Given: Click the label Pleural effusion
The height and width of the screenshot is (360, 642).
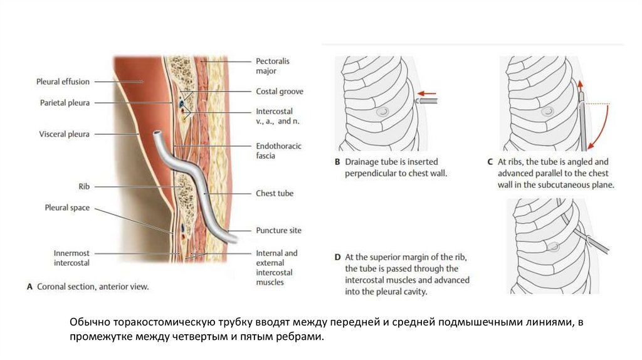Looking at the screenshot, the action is [63, 82].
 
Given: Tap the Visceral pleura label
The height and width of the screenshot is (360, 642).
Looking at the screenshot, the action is [65, 134].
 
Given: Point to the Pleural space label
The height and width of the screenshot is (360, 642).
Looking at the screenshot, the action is [67, 208].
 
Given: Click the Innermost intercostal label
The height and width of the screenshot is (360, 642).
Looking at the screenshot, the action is [71, 258].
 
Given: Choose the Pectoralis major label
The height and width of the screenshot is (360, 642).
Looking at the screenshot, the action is [273, 66].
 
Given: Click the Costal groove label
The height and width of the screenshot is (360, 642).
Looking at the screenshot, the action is [280, 92].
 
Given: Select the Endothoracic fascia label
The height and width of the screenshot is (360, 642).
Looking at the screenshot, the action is [278, 151].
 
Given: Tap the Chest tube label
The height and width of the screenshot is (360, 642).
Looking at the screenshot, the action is [275, 194].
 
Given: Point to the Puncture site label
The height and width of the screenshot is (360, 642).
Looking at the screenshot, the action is [278, 230].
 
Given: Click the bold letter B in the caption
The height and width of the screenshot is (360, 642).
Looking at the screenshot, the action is [337, 162].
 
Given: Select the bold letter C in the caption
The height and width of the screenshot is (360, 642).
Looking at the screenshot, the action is [491, 162].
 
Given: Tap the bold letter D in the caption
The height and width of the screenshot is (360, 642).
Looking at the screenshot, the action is [337, 257].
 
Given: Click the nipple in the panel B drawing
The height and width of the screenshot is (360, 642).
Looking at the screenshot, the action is [382, 112].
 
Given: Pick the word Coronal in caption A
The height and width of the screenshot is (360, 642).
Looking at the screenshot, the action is [53, 287].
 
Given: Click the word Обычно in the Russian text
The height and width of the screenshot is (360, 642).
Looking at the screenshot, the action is [90, 322].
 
